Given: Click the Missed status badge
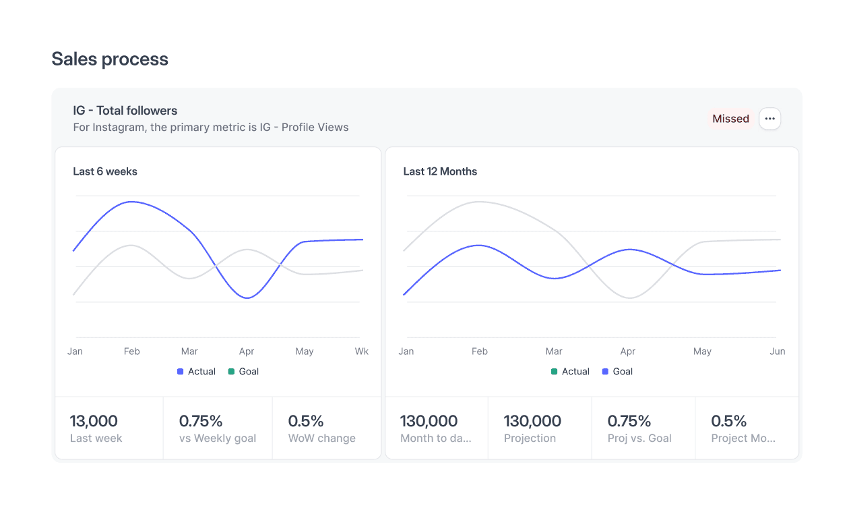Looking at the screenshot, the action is pyautogui.click(x=730, y=119).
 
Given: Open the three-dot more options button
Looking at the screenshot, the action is pyautogui.click(x=769, y=119).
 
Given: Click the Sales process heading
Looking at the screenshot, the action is pyautogui.click(x=110, y=59).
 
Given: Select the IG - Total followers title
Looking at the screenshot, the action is pyautogui.click(x=125, y=111).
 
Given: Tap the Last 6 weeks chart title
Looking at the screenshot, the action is pyautogui.click(x=105, y=171).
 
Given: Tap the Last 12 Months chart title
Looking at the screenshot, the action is pyautogui.click(x=440, y=171).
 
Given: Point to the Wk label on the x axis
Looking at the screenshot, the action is pyautogui.click(x=362, y=351).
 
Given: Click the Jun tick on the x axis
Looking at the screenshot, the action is pyautogui.click(x=778, y=351).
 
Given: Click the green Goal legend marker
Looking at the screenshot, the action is pyautogui.click(x=231, y=372).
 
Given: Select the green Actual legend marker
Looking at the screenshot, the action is pyautogui.click(x=554, y=372).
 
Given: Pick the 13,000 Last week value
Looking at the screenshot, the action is pyautogui.click(x=94, y=421).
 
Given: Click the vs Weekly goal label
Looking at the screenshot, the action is pyautogui.click(x=218, y=438).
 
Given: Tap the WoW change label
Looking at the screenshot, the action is pyautogui.click(x=322, y=438).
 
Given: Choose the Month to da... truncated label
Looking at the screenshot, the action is pyautogui.click(x=436, y=438).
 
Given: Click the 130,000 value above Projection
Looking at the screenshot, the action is pyautogui.click(x=532, y=421).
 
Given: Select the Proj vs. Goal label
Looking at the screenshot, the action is pyautogui.click(x=639, y=438).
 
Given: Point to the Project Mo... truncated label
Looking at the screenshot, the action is pyautogui.click(x=743, y=438).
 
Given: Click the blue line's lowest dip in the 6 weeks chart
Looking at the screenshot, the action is pyautogui.click(x=247, y=298).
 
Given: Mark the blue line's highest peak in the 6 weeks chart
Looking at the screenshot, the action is pyautogui.click(x=131, y=202).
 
